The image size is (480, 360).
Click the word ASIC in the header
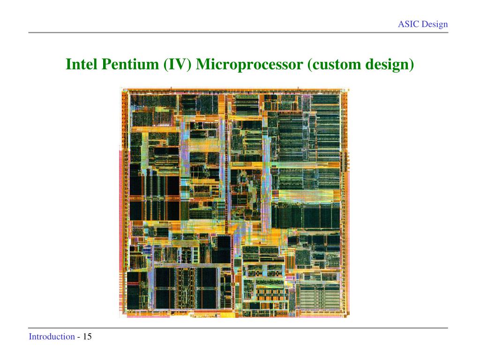click(x=408, y=24)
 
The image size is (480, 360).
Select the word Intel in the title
click(x=82, y=64)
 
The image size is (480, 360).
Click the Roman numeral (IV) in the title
click(x=178, y=64)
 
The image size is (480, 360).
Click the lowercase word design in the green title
click(x=389, y=64)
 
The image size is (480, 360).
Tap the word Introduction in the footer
click(x=52, y=337)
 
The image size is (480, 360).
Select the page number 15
click(x=87, y=337)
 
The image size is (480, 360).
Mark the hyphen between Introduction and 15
click(x=79, y=337)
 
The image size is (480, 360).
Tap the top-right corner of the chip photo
click(x=349, y=88)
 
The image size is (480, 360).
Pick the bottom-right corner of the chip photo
click(x=349, y=317)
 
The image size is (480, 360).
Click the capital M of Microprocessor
click(x=202, y=64)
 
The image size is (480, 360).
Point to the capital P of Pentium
click(x=105, y=64)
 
